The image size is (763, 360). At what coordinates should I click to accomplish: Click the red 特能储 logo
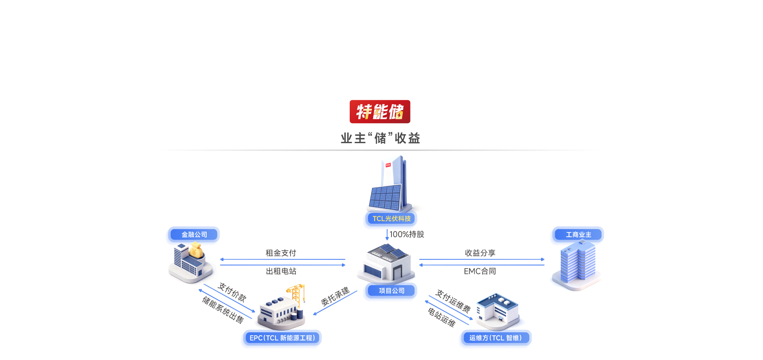[380, 112]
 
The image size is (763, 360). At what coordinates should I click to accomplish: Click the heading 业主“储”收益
[380, 138]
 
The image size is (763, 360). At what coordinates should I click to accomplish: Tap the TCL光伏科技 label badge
[391, 219]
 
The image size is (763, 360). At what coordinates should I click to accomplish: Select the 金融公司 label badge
[194, 234]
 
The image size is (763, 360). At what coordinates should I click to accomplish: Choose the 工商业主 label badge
[578, 234]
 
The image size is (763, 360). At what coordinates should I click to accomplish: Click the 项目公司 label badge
[391, 290]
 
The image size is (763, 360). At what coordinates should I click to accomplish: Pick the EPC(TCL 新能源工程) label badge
[282, 338]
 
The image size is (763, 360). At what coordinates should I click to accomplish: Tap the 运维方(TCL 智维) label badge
[496, 338]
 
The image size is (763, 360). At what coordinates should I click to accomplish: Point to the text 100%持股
[407, 234]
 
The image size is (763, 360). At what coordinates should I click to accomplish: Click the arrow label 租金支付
[281, 253]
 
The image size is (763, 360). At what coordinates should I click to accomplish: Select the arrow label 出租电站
[281, 271]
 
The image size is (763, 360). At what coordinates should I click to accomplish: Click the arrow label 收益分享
[480, 253]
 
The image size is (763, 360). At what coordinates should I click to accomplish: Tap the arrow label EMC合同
[480, 271]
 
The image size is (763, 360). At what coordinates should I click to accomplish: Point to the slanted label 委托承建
[335, 296]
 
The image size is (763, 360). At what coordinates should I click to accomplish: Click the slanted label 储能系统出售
[223, 310]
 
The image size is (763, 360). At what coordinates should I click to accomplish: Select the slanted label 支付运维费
[453, 301]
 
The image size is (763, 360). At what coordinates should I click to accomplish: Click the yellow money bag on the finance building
[196, 250]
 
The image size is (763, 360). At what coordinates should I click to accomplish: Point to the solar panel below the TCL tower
[385, 197]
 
